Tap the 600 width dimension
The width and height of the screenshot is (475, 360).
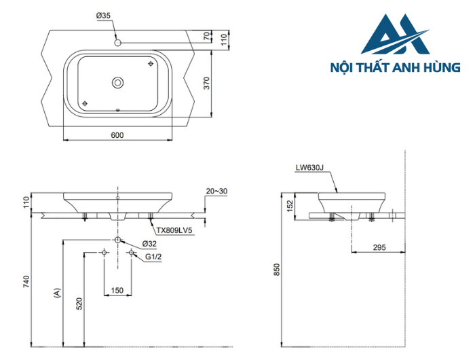pyautogui.click(x=117, y=135)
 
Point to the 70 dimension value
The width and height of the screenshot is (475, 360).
pyautogui.click(x=207, y=35)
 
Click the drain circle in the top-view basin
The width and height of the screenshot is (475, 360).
pyautogui.click(x=118, y=83)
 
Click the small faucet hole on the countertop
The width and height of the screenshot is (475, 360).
pyautogui.click(x=118, y=43)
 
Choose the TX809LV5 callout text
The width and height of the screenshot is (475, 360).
pyautogui.click(x=174, y=230)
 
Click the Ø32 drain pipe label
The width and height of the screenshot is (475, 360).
pyautogui.click(x=150, y=243)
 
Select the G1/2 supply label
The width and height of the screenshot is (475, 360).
pyautogui.click(x=153, y=257)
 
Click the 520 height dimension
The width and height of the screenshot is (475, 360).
pyautogui.click(x=79, y=304)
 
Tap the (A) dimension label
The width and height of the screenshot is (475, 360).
pyautogui.click(x=57, y=293)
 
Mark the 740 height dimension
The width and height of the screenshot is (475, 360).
pyautogui.click(x=26, y=281)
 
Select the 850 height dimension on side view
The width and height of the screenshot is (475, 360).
pyautogui.click(x=276, y=269)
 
